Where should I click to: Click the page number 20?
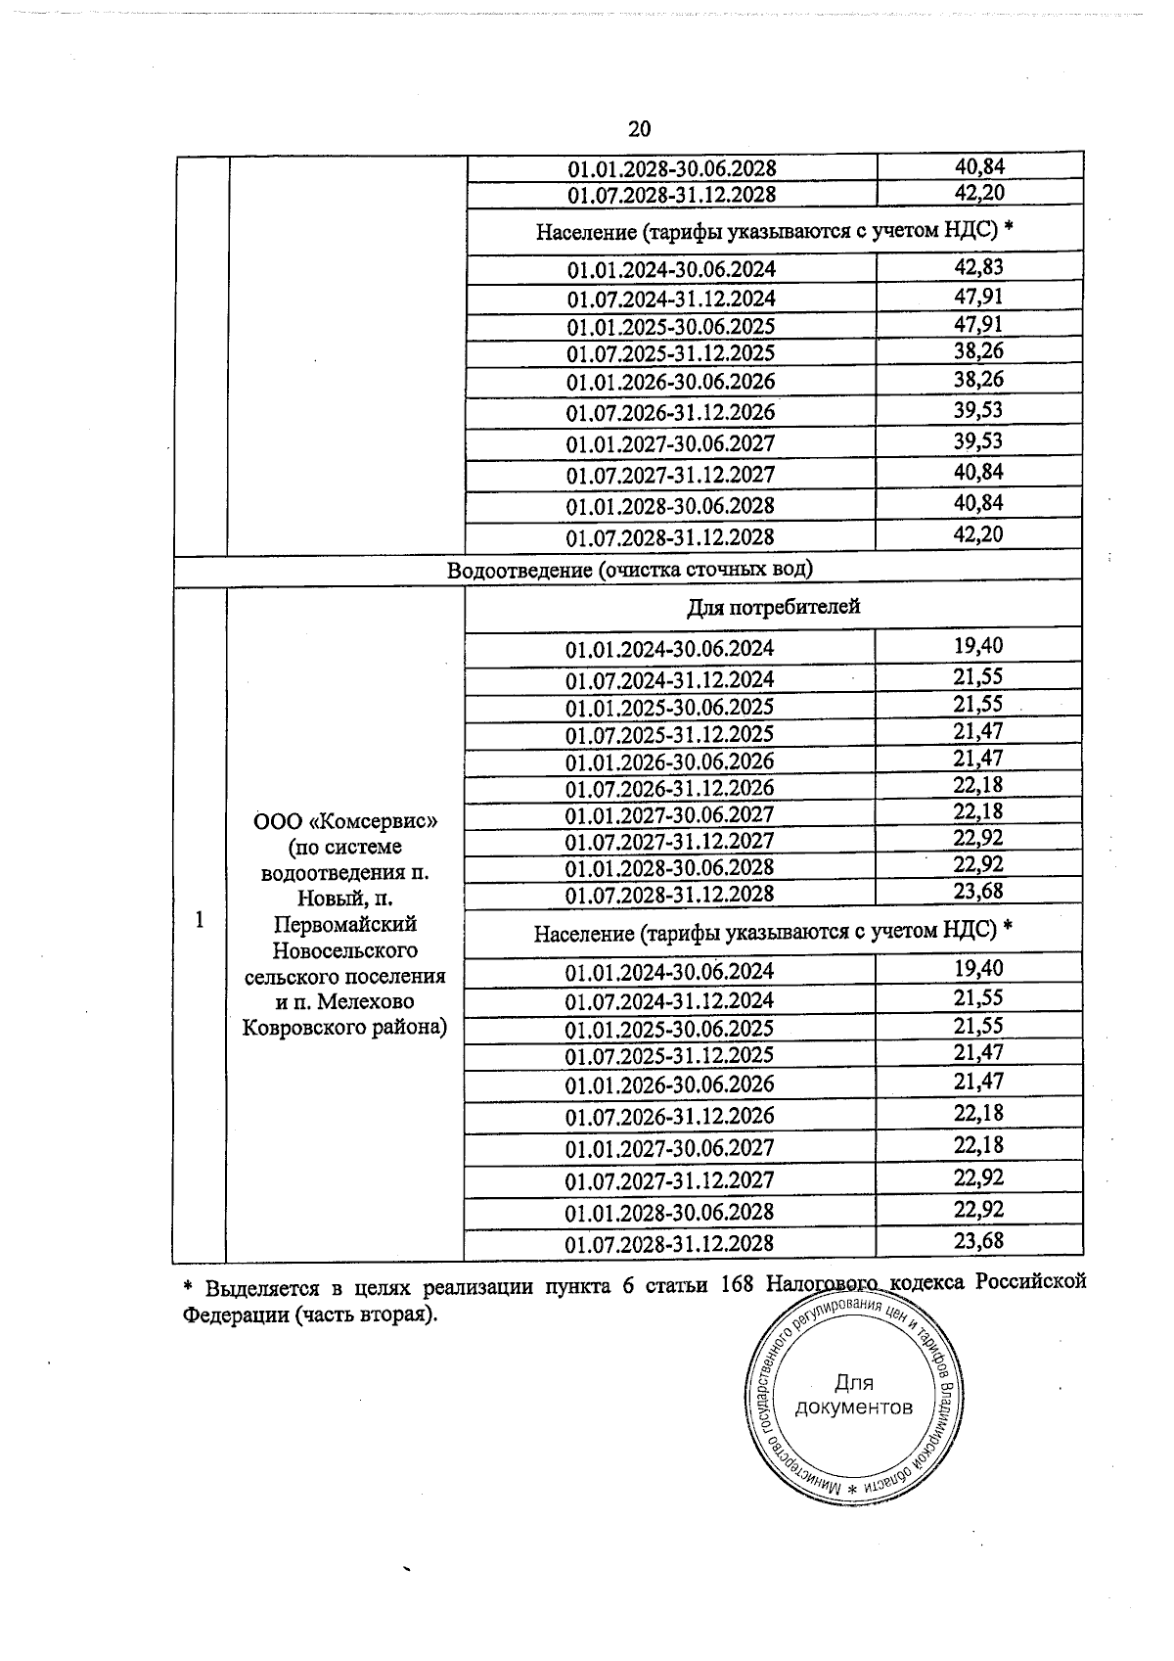(639, 129)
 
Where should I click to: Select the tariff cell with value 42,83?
(978, 267)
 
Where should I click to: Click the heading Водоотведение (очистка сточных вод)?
(630, 570)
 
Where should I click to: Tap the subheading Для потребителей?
(773, 607)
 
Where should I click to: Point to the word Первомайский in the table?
(344, 924)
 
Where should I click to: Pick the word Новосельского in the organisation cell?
(344, 950)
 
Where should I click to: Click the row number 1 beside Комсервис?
(200, 920)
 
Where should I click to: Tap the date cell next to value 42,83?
(670, 270)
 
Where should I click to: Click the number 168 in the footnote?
(736, 1284)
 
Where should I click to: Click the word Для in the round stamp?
(853, 1383)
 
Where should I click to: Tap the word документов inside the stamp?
(854, 1408)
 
